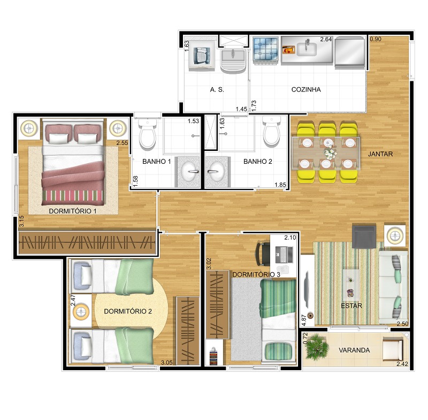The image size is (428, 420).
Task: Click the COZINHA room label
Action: tap(306, 90)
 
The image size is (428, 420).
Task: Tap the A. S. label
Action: tap(217, 90)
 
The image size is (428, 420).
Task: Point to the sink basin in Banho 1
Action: tap(189, 172)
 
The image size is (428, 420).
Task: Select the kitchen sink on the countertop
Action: tap(307, 49)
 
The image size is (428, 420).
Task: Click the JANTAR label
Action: tap(380, 154)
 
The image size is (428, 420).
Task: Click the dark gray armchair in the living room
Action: tap(364, 236)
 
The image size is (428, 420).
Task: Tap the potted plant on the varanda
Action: tap(317, 347)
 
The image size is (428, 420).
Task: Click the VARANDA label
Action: tap(354, 350)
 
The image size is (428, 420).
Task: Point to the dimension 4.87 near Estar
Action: tap(304, 320)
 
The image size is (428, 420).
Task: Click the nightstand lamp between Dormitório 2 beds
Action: tap(80, 311)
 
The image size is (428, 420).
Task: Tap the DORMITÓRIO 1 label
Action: tap(73, 211)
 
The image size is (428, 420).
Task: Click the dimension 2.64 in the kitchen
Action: tap(326, 39)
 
